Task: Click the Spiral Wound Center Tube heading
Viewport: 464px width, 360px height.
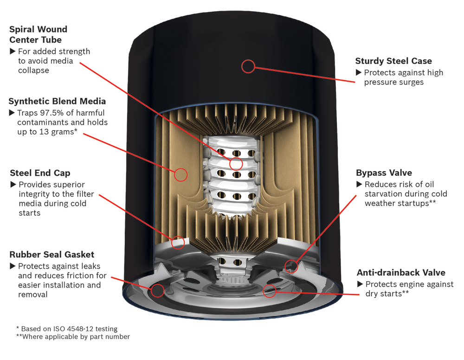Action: (x=38, y=34)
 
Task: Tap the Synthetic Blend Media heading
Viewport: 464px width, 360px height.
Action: (x=57, y=101)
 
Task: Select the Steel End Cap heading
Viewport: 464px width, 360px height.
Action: (x=40, y=173)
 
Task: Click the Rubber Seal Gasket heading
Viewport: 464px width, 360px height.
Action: (x=52, y=254)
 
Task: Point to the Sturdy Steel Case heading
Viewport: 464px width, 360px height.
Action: (x=393, y=61)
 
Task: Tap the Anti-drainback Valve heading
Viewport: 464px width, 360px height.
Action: (x=401, y=272)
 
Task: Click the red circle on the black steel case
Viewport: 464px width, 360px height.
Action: (x=248, y=66)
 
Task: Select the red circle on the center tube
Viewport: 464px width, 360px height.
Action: (x=236, y=163)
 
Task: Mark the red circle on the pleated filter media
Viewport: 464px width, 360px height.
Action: (x=180, y=174)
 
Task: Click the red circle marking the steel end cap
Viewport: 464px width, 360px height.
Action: (x=178, y=242)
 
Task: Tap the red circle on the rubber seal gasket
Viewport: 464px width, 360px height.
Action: (x=158, y=291)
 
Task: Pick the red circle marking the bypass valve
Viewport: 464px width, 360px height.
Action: (x=291, y=266)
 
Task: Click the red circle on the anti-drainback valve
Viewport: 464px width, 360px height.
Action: (x=269, y=291)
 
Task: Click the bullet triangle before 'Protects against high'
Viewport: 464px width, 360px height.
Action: (x=358, y=72)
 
